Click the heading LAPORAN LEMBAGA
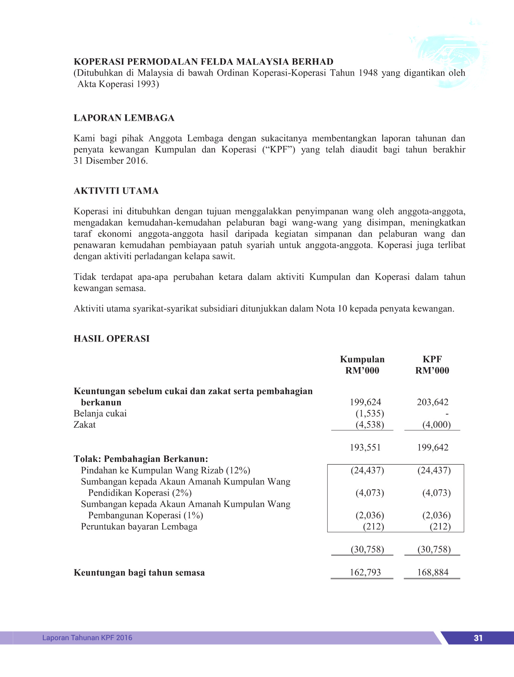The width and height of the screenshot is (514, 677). (x=124, y=118)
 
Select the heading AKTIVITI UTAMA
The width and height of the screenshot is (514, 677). (x=116, y=191)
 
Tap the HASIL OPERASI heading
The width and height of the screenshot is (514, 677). (x=111, y=339)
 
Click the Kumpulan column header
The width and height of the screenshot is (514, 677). (x=362, y=359)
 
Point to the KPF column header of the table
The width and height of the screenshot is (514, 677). (x=432, y=359)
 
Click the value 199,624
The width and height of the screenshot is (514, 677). (x=365, y=402)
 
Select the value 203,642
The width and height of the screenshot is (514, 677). (x=432, y=402)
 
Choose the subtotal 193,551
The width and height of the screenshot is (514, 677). (x=365, y=448)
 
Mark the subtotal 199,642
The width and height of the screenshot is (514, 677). (x=432, y=448)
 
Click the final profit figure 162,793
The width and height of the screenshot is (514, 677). (x=365, y=572)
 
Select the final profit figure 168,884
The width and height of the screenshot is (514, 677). (x=432, y=572)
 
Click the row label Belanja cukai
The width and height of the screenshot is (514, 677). (x=100, y=414)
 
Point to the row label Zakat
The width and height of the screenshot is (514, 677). (x=85, y=425)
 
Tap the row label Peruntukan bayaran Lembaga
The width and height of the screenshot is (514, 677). (x=139, y=527)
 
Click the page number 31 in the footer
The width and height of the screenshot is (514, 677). (x=478, y=638)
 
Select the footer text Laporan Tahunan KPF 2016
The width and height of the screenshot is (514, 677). (x=87, y=638)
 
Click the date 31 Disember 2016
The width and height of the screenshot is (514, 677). (x=110, y=161)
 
